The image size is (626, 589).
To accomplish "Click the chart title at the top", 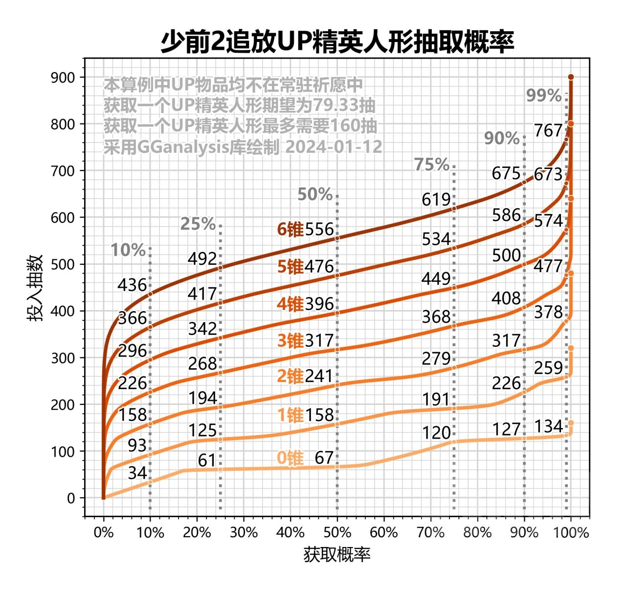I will point(337,42).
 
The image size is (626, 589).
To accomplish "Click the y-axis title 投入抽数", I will point(36,288).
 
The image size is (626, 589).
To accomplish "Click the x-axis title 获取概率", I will point(337,554).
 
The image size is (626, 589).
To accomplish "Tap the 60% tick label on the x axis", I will point(384,532).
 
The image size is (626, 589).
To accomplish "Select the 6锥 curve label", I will point(290,230).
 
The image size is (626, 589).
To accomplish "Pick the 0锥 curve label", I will point(290,458).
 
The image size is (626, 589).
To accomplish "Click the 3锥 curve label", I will point(290,340).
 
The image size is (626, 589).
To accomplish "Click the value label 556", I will point(319,230).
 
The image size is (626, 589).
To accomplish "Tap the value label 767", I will point(548,131).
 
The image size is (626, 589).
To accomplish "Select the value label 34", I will point(137,473).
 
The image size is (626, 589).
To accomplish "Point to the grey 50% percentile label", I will point(315,194).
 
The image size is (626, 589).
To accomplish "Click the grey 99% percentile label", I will point(544,95).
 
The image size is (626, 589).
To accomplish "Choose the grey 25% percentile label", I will point(198,224).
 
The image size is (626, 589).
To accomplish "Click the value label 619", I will point(436,199).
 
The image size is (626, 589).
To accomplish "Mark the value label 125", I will point(202,430).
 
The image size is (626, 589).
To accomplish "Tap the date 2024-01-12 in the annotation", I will point(334,147).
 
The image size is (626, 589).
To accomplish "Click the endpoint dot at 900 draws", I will point(571,77).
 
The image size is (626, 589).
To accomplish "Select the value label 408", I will point(506,298).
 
